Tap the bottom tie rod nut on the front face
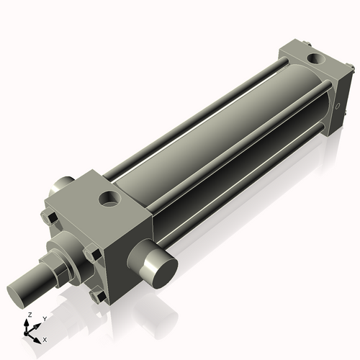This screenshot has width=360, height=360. click(x=97, y=295)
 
